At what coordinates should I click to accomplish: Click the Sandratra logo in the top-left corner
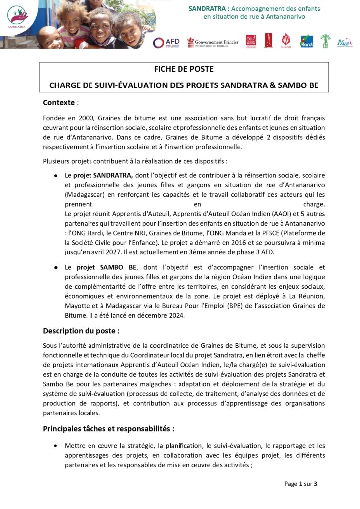click(18, 17)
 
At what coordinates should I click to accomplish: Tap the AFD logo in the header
click(166, 43)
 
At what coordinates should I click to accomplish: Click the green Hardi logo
click(307, 42)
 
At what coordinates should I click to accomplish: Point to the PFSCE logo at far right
click(344, 42)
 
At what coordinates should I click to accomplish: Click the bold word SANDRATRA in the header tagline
click(209, 9)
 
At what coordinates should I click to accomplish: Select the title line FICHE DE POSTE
click(183, 69)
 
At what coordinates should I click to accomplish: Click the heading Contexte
click(59, 103)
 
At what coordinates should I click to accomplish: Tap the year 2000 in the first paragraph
click(85, 118)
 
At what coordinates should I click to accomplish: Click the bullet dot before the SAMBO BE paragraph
click(56, 268)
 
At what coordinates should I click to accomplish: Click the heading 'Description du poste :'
click(81, 331)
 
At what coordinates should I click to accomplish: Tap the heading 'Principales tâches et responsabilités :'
click(108, 428)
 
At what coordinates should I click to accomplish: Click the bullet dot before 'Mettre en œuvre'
click(56, 446)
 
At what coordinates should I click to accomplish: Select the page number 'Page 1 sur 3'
click(300, 484)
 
